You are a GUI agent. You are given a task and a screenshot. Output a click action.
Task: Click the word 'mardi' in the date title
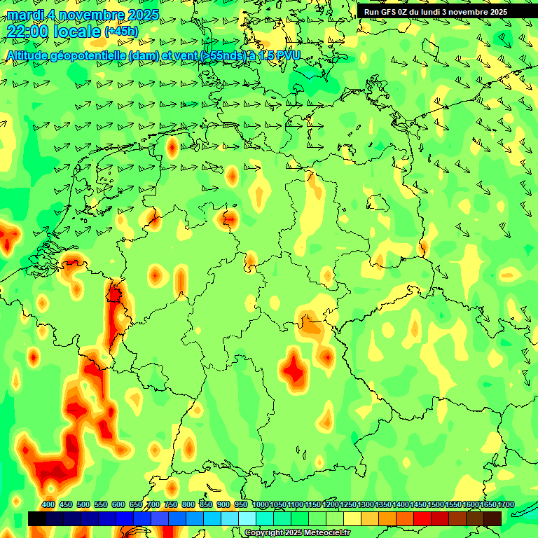pyautogui.click(x=25, y=14)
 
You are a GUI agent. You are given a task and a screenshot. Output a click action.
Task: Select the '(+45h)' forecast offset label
pyautogui.click(x=121, y=32)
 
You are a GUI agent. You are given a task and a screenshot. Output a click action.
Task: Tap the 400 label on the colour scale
pyautogui.click(x=48, y=505)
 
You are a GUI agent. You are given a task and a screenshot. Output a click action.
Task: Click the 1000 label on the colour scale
pyautogui.click(x=261, y=505)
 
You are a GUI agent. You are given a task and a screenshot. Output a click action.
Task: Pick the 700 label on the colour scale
pyautogui.click(x=153, y=505)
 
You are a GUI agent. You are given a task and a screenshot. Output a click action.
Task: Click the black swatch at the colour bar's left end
pyautogui.click(x=37, y=518)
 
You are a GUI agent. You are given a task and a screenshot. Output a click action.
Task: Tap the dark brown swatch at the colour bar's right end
pyautogui.click(x=492, y=518)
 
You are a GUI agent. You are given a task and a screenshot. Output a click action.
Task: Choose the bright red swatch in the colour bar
pyautogui.click(x=422, y=518)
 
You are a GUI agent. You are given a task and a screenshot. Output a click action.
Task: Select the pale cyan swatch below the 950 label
pyautogui.click(x=247, y=518)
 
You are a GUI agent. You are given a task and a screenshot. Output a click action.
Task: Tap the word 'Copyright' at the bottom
pyautogui.click(x=265, y=533)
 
